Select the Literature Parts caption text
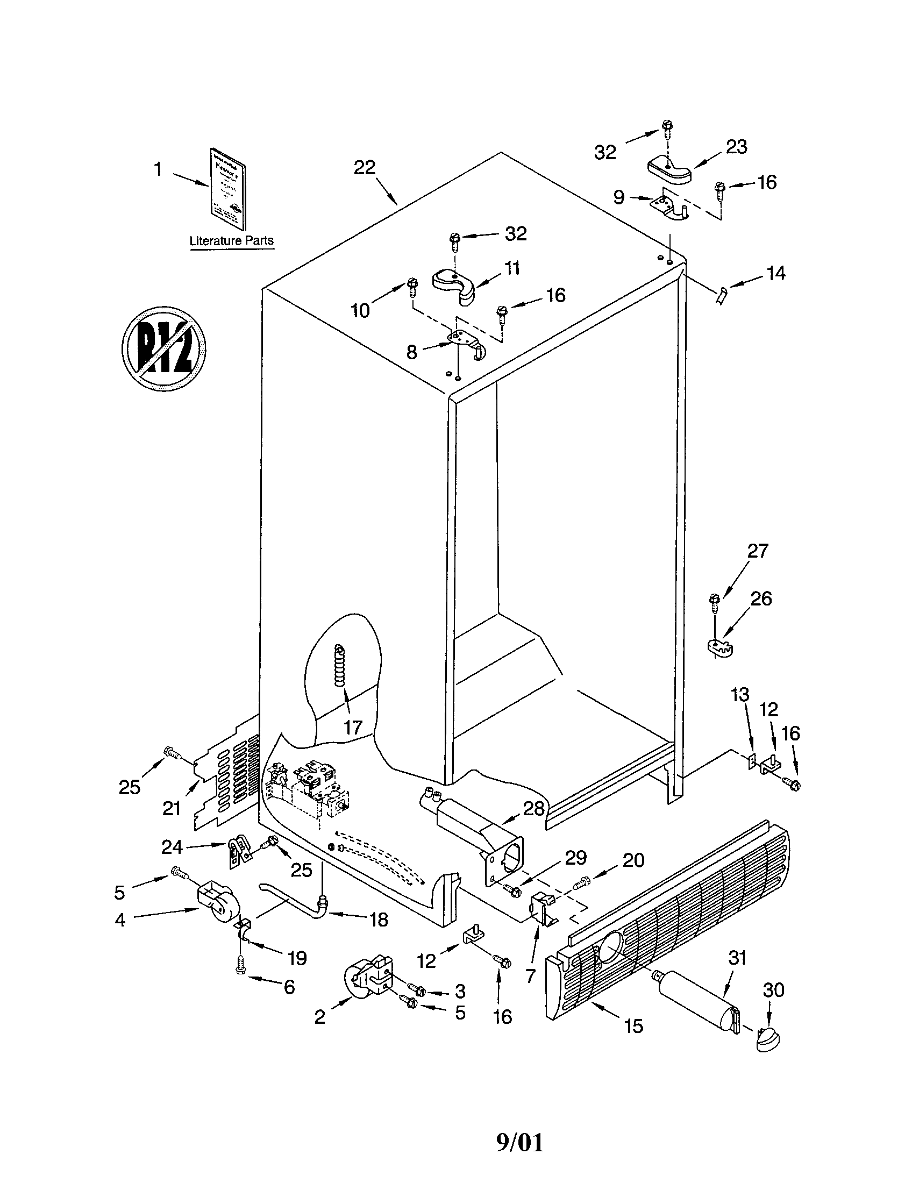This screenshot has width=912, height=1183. (231, 240)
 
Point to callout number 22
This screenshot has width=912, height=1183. (365, 168)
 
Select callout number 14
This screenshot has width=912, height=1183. (775, 273)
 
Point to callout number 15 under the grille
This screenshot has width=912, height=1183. (633, 1025)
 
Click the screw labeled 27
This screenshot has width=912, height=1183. (713, 602)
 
